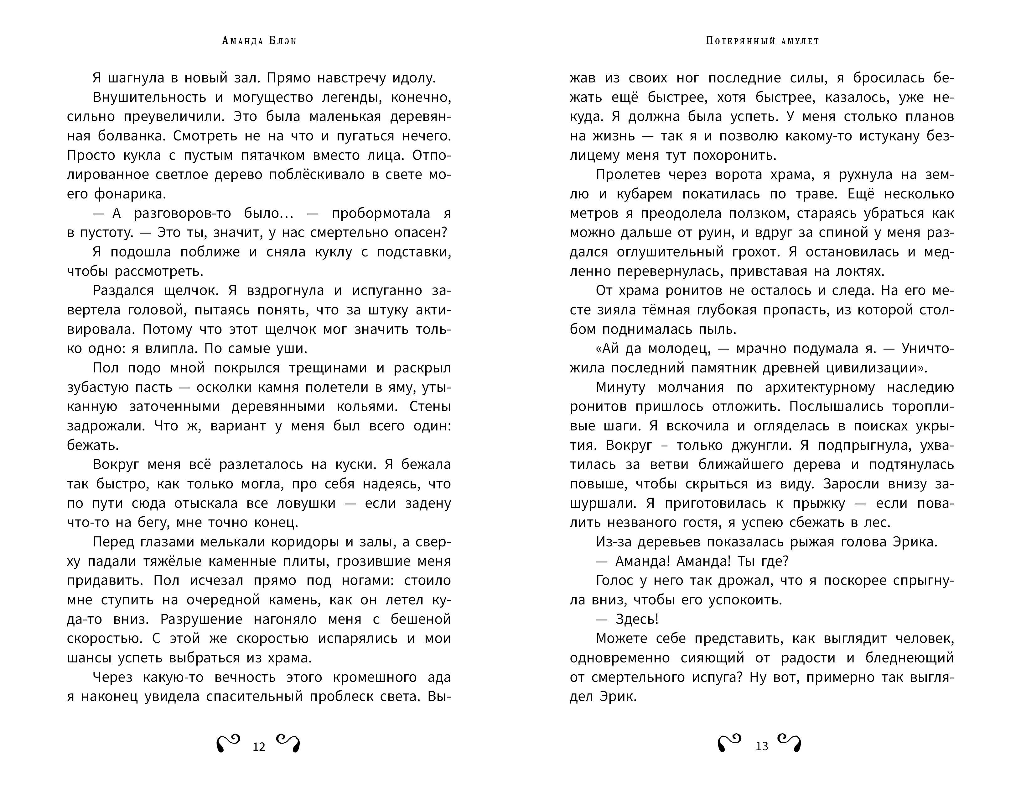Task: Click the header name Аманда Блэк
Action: [259, 41]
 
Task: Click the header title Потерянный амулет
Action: [762, 41]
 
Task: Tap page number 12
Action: [259, 747]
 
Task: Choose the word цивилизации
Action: [872, 368]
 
